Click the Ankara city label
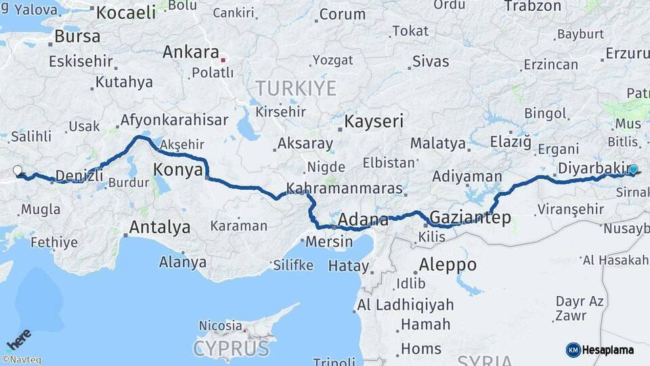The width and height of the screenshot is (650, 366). [x=190, y=53]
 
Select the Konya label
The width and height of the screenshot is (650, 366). [x=178, y=169]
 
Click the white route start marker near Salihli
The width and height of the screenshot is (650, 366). [x=18, y=171]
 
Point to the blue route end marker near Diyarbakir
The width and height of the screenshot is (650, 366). [x=633, y=170]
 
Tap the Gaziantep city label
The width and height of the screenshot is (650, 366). [x=470, y=218]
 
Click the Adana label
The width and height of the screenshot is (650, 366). [x=363, y=220]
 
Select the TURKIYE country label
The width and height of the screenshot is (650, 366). [x=296, y=88]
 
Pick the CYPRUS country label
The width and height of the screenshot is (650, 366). [x=231, y=349]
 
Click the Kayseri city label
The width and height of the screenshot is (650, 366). [x=374, y=122]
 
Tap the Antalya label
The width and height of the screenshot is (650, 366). [x=160, y=227]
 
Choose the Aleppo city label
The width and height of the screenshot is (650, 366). [x=448, y=264]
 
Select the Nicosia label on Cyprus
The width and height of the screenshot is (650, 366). [x=220, y=326]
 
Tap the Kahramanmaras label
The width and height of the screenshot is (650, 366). [x=344, y=188]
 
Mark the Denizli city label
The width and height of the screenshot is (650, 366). [x=79, y=176]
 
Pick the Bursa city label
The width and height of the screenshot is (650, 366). [x=77, y=36]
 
